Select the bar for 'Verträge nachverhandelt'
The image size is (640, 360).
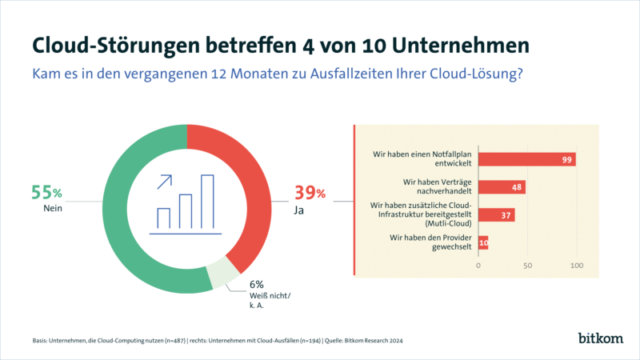(x=502, y=187)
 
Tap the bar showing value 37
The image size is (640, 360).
(x=496, y=215)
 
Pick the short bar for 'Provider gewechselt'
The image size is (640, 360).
(x=483, y=243)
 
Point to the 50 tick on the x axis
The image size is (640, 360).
(x=527, y=265)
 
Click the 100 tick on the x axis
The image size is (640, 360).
(x=576, y=265)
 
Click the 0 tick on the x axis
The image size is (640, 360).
(x=478, y=265)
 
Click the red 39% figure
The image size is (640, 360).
(x=309, y=193)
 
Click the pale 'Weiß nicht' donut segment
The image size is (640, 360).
(x=222, y=276)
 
